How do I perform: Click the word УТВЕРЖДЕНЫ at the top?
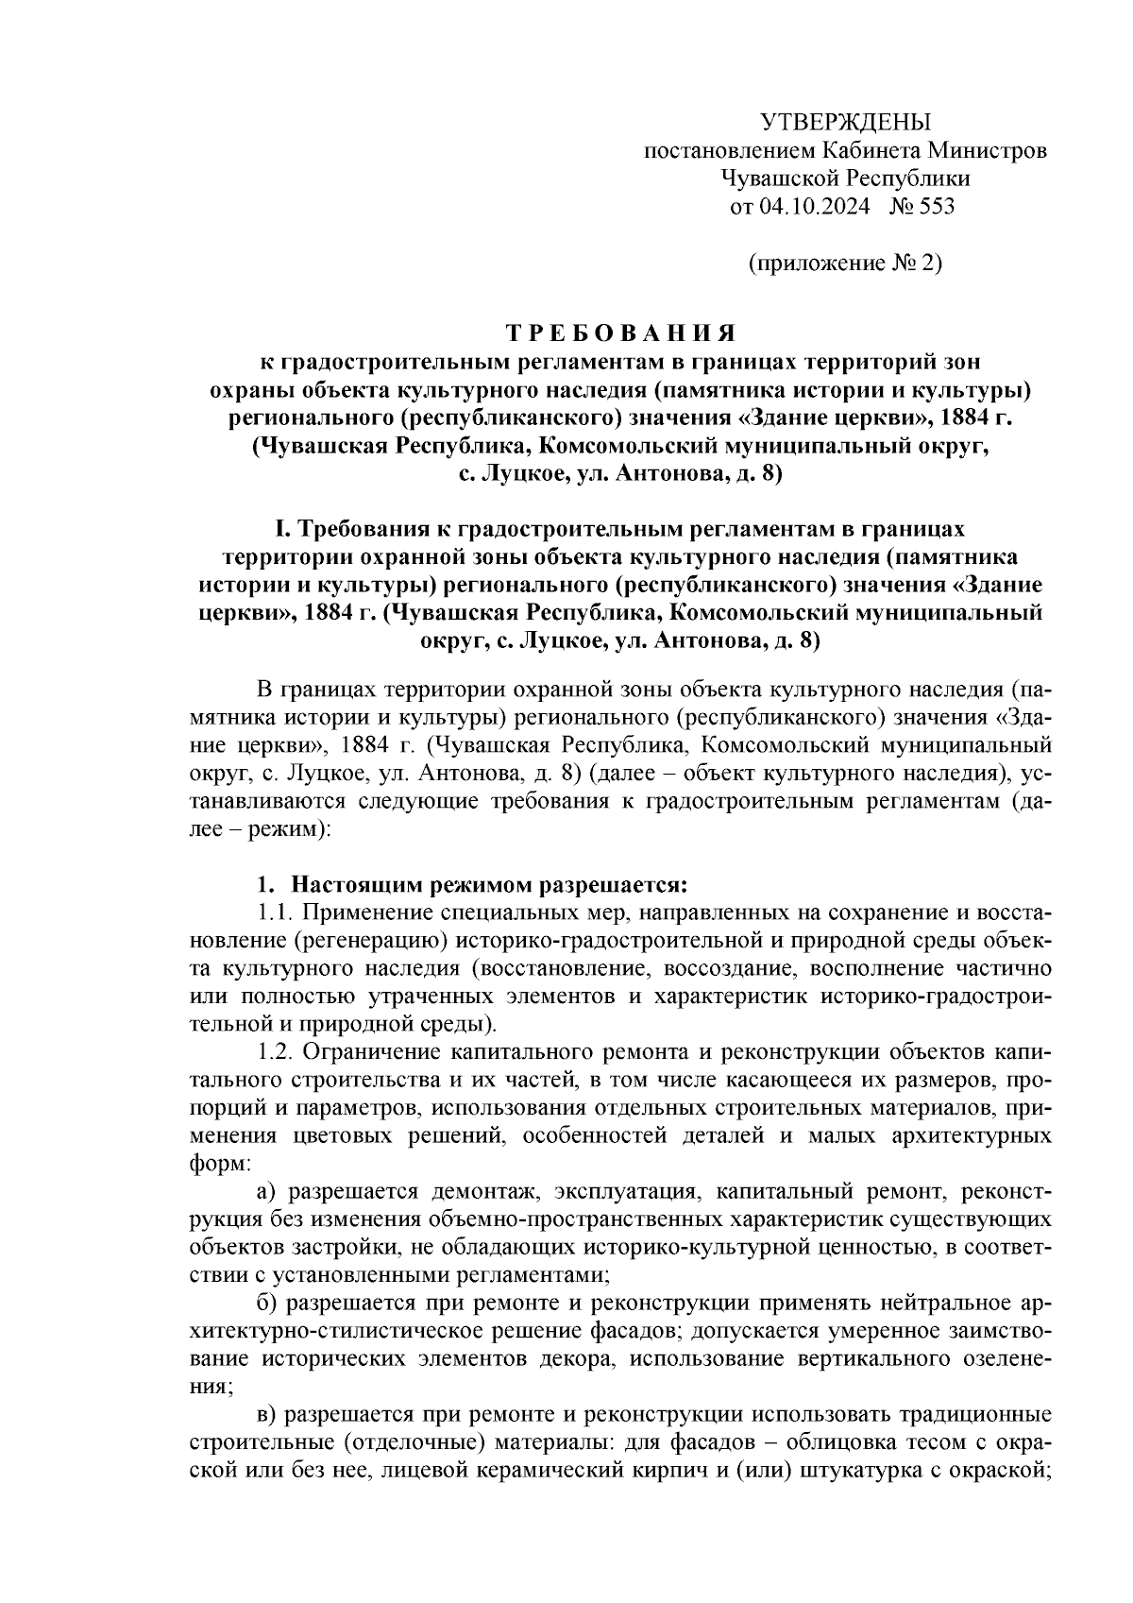point(845,123)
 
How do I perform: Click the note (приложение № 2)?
point(845,264)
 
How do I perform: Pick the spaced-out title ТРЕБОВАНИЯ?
point(620,333)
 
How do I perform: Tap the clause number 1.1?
point(277,913)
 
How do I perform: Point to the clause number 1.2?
point(277,1051)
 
